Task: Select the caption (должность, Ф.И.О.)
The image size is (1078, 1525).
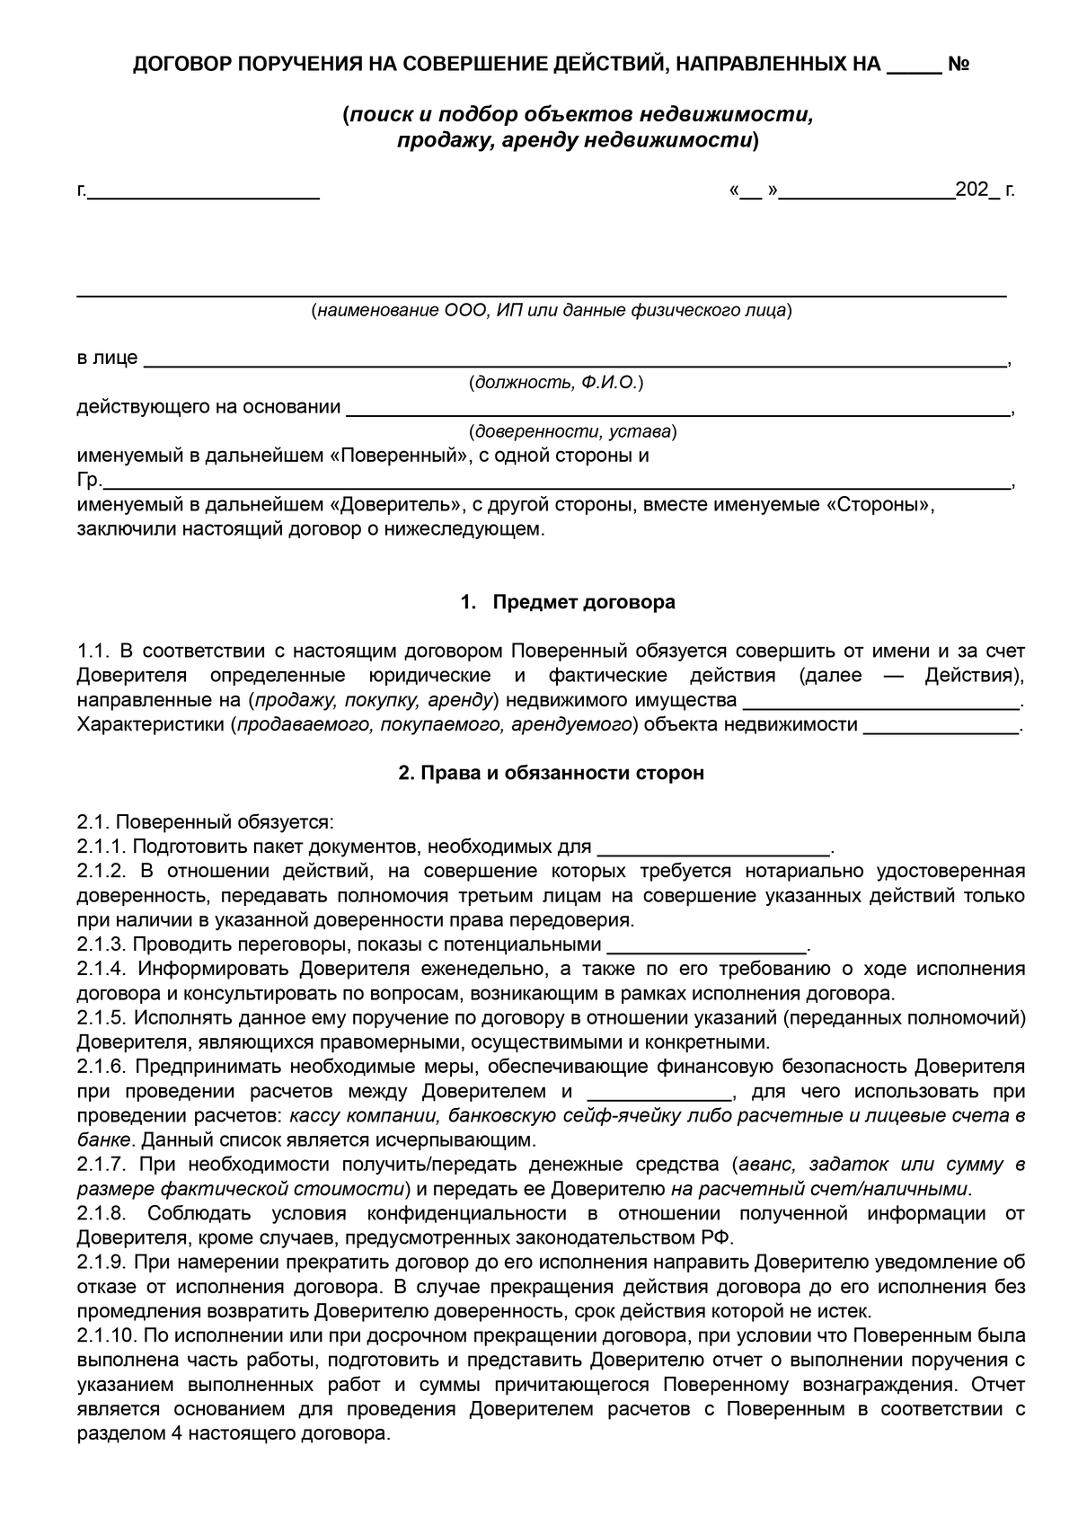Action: [x=555, y=384]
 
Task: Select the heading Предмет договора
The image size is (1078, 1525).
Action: [x=583, y=602]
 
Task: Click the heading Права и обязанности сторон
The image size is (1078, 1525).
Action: [x=551, y=773]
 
